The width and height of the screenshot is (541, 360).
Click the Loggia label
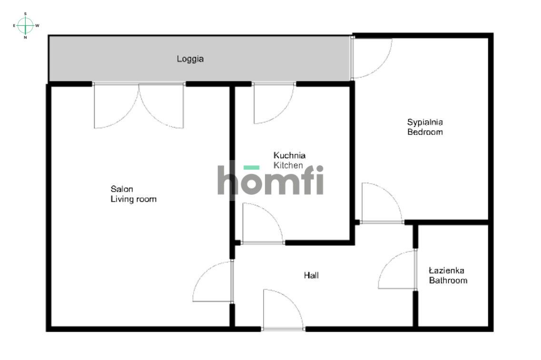pyautogui.click(x=190, y=59)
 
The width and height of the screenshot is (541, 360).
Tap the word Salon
pyautogui.click(x=122, y=189)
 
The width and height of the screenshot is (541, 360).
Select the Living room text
pyautogui.click(x=133, y=199)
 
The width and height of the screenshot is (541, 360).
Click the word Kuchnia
pyautogui.click(x=289, y=155)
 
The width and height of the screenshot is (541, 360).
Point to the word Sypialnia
pyautogui.click(x=425, y=122)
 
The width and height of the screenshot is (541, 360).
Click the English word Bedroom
pyautogui.click(x=425, y=132)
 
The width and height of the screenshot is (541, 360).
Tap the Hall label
pyautogui.click(x=311, y=275)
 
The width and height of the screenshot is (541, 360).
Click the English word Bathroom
pyautogui.click(x=448, y=280)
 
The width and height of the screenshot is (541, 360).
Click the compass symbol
pyautogui.click(x=26, y=25)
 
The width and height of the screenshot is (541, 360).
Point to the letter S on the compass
pyautogui.click(x=26, y=14)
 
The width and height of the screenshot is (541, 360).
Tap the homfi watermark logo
pyautogui.click(x=270, y=180)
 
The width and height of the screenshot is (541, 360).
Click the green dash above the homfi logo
pyautogui.click(x=251, y=167)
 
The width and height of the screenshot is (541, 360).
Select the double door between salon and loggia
pyautogui.click(x=139, y=106)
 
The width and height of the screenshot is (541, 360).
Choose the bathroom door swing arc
pyautogui.click(x=396, y=270)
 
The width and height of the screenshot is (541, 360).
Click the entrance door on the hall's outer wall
pyautogui.click(x=283, y=310)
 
